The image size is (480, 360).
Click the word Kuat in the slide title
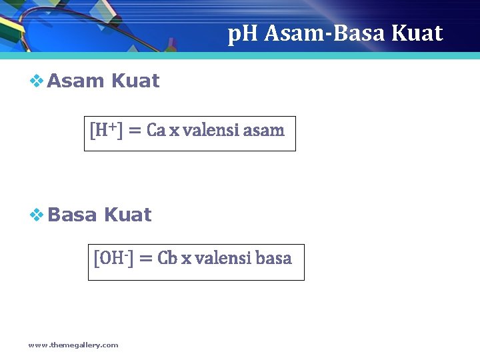pyautogui.click(x=417, y=33)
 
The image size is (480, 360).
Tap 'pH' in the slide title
pyautogui.click(x=243, y=33)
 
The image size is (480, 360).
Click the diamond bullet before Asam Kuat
pyautogui.click(x=37, y=81)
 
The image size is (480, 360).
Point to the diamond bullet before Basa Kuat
pyautogui.click(x=37, y=215)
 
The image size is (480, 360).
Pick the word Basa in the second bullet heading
pyautogui.click(x=73, y=215)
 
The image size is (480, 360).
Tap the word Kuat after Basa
pyautogui.click(x=128, y=215)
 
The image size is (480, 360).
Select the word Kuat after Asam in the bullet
pyautogui.click(x=135, y=81)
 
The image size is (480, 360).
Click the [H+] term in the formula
pyautogui.click(x=106, y=130)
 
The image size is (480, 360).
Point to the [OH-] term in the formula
pyautogui.click(x=113, y=257)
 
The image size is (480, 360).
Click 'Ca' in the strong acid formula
pyautogui.click(x=156, y=130)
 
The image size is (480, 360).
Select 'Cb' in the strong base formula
pyautogui.click(x=167, y=258)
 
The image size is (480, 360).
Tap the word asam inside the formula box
pyautogui.click(x=264, y=130)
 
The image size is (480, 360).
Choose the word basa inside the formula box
pyautogui.click(x=273, y=258)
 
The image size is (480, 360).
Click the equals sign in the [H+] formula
pyautogui.click(x=134, y=131)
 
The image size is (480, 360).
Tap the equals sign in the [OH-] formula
pyautogui.click(x=146, y=259)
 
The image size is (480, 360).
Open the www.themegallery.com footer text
pyautogui.click(x=73, y=345)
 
